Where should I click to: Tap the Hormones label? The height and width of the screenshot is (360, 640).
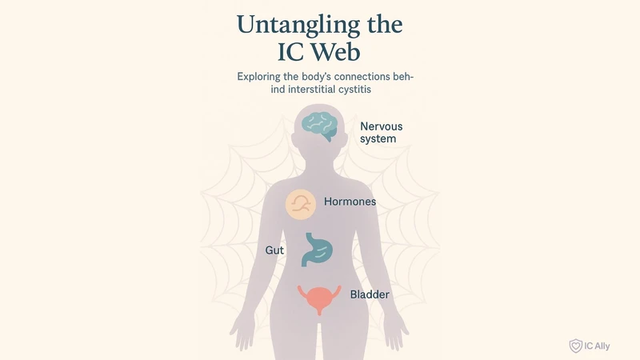[x=350, y=202]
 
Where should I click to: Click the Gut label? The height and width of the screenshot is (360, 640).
[x=274, y=250]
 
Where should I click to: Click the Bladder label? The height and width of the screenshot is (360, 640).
[x=370, y=295]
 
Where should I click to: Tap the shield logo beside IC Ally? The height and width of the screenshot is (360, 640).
[x=574, y=345]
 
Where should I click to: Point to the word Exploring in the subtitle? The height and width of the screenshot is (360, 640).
[x=264, y=78]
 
